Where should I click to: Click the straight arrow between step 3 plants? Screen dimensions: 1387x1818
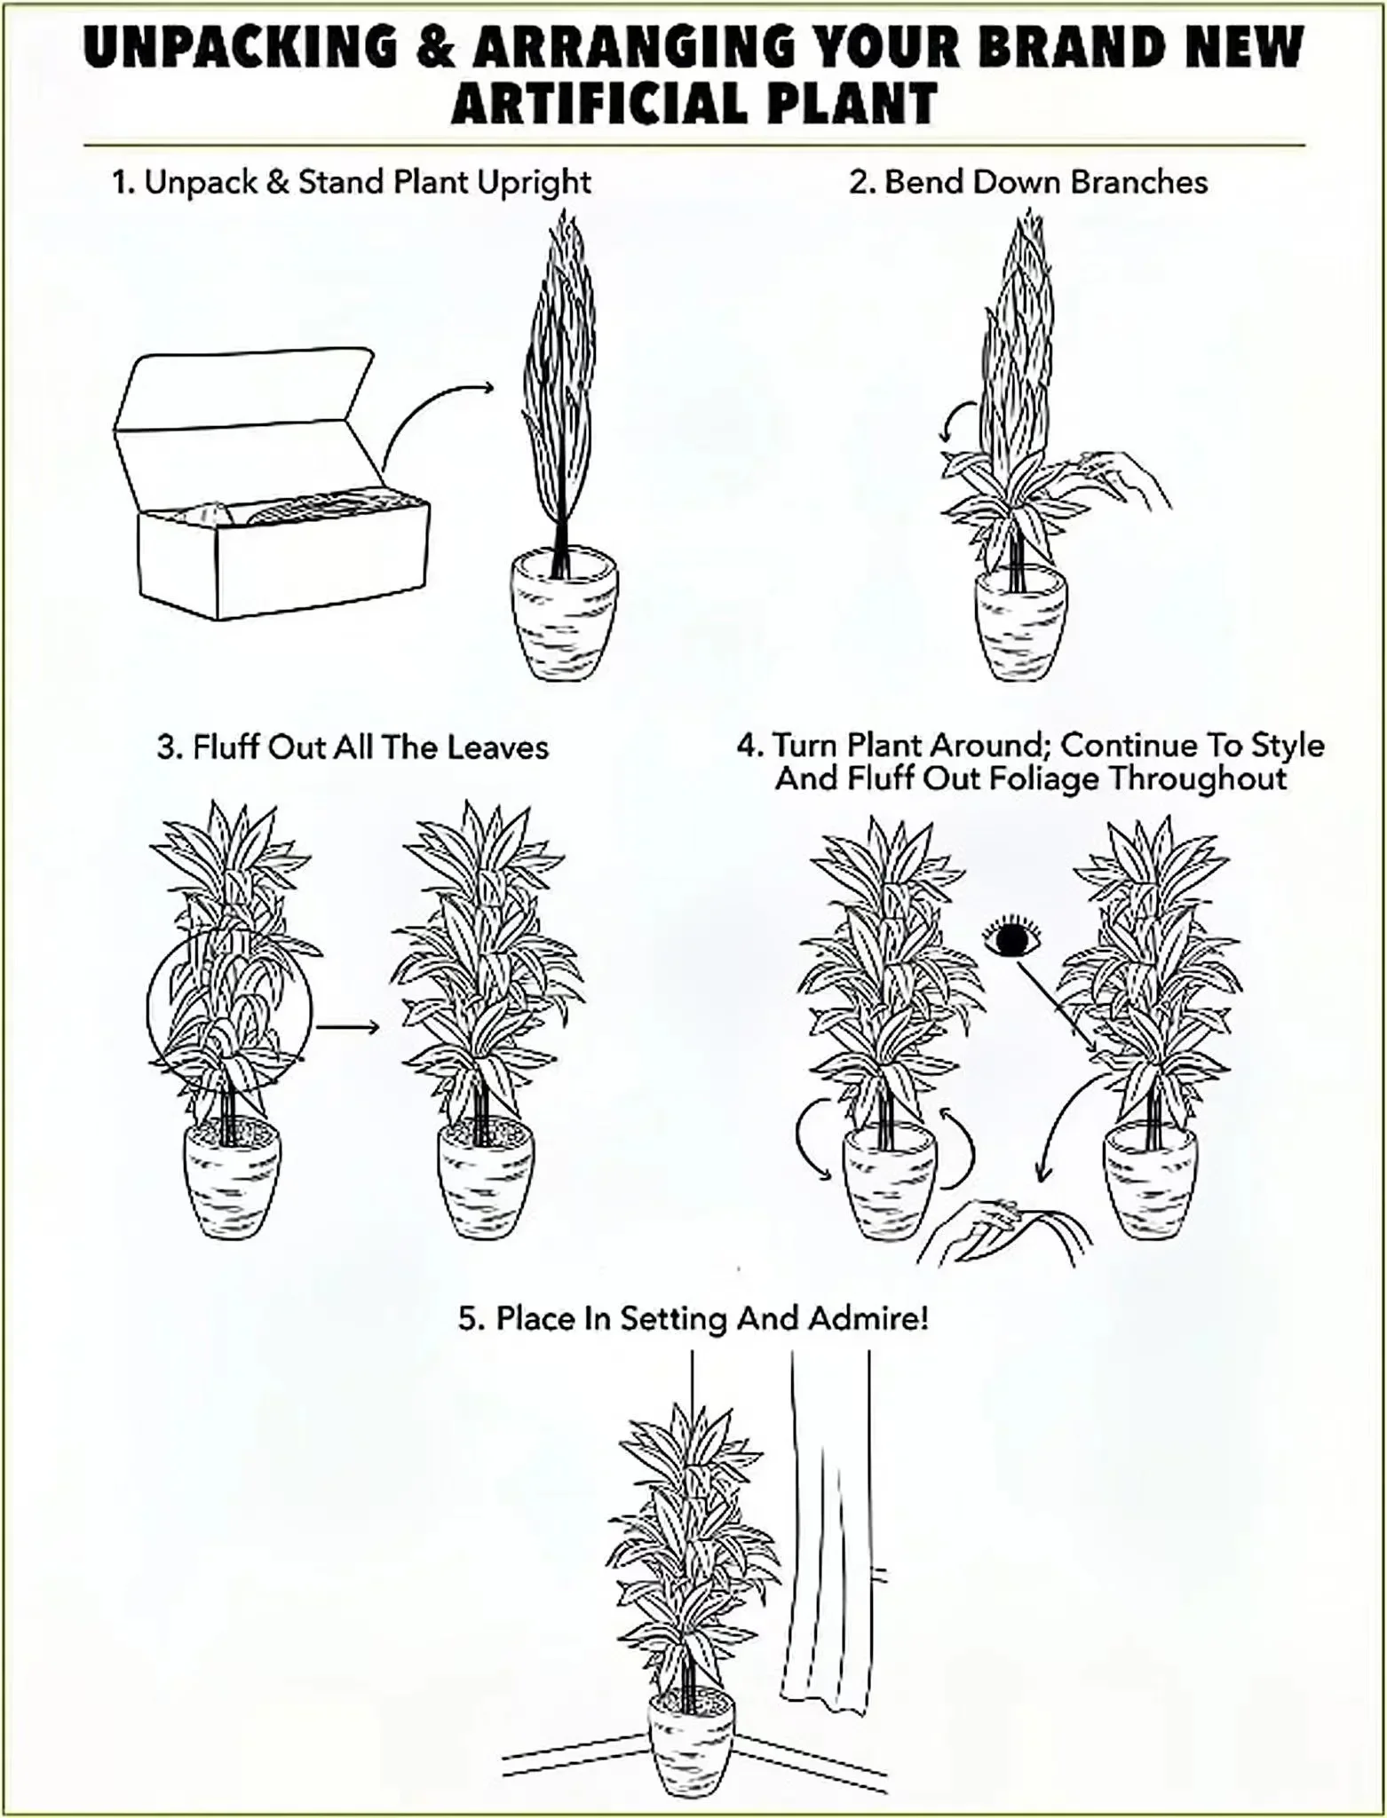coord(347,1027)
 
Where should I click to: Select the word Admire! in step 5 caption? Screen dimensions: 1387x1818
coord(868,1318)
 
